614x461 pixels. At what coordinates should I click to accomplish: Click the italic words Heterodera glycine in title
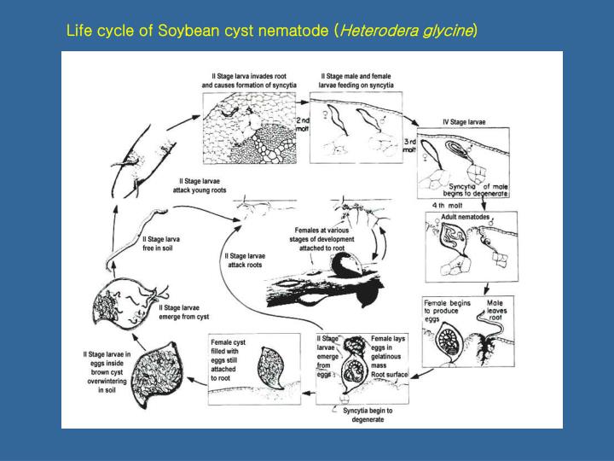[407, 32]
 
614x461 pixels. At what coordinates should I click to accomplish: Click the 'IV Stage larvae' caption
[465, 122]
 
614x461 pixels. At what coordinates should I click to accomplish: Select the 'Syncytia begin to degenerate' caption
[368, 415]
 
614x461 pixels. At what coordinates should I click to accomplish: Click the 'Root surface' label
[389, 375]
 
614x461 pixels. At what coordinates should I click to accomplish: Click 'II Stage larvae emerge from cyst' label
[183, 312]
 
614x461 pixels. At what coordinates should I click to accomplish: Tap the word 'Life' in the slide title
[78, 32]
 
